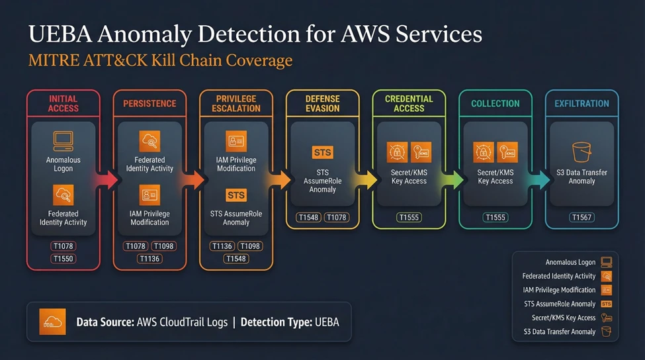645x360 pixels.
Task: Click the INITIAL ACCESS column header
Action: (64, 103)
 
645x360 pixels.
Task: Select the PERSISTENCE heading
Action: (150, 103)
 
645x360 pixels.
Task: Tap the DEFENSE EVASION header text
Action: (322, 103)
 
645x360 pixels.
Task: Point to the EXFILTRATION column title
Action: (581, 103)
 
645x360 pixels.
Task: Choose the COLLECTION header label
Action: (495, 103)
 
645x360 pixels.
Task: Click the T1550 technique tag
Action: (64, 259)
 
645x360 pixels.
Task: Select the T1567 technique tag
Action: (581, 217)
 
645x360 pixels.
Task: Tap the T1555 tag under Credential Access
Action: (409, 217)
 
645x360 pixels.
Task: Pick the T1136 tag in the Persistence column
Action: (150, 259)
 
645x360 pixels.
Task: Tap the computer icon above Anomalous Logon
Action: (64, 140)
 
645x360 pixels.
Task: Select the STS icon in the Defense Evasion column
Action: (322, 153)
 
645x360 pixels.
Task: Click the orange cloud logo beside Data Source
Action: (52, 322)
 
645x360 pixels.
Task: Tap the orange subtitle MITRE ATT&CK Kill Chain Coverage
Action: (160, 62)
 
